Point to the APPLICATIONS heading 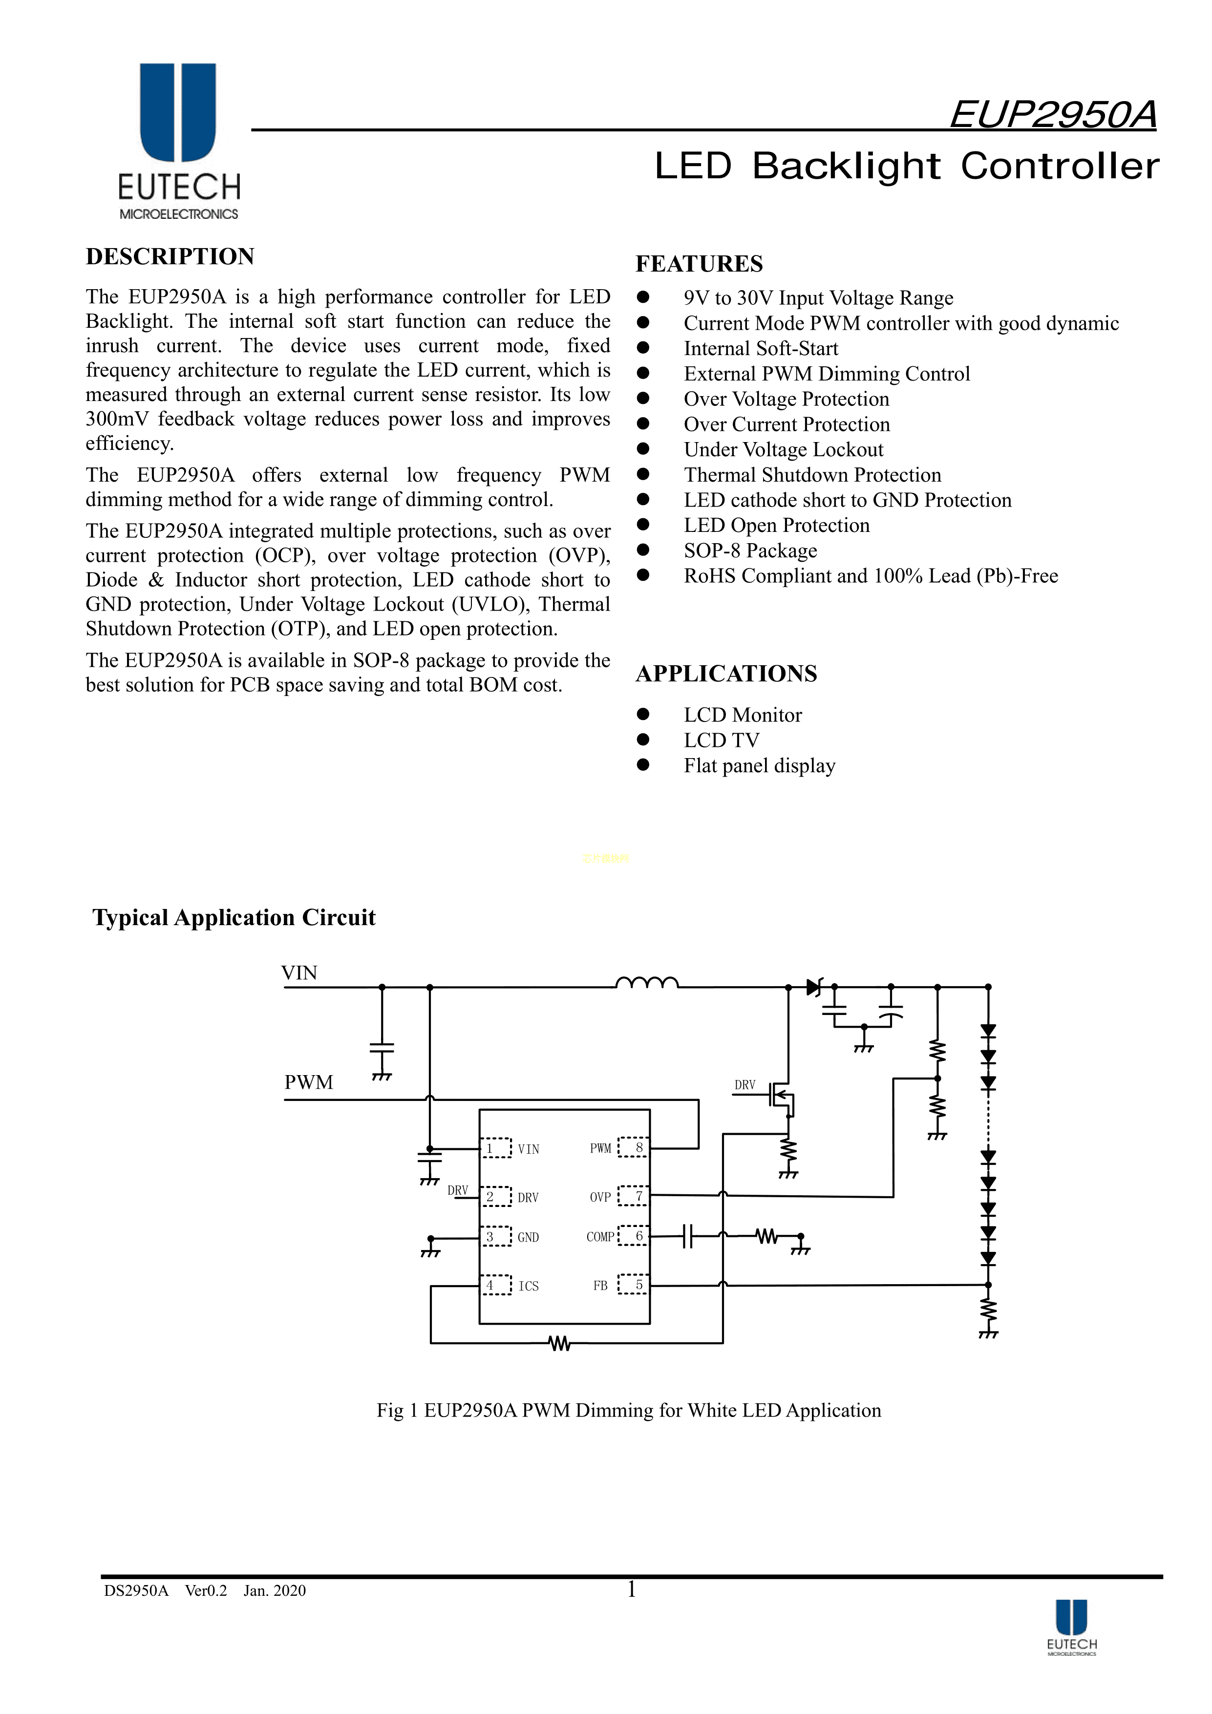726,674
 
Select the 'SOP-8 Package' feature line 750,551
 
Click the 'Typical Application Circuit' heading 234,917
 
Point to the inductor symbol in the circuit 647,982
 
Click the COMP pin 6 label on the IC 615,1236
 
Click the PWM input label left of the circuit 308,1082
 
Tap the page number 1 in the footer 631,1589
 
